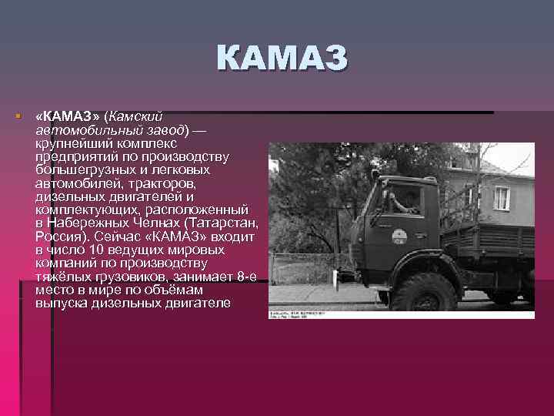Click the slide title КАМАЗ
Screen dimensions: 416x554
[x=282, y=60]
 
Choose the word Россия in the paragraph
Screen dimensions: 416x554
[x=58, y=237]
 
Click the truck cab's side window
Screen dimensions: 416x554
[x=402, y=198]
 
